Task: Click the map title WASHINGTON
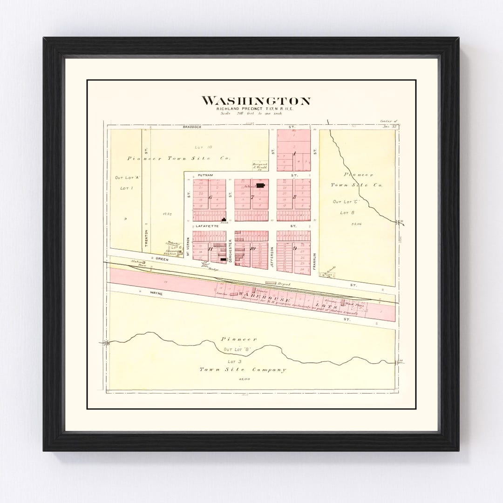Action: click(256, 101)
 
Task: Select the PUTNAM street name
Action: click(205, 175)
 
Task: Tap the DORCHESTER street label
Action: click(230, 251)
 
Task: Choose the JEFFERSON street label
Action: click(272, 255)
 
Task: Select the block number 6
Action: click(210, 197)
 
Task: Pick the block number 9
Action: click(294, 248)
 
